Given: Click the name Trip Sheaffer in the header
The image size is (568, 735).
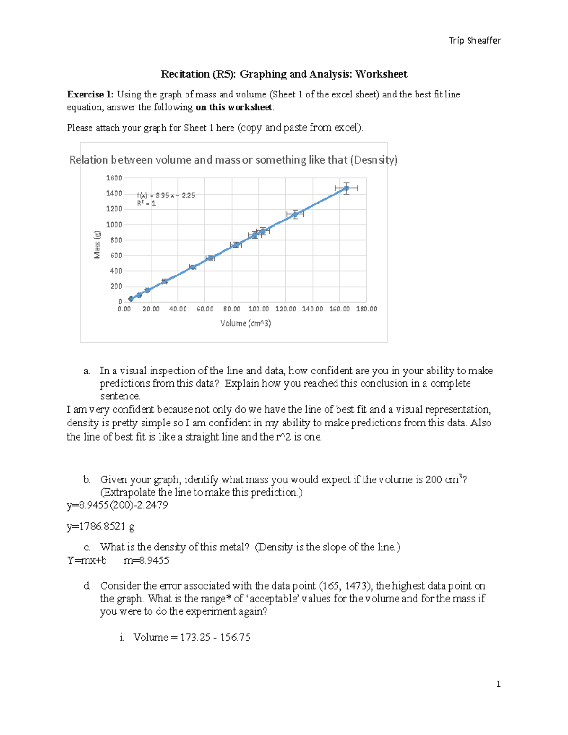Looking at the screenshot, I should tap(474, 41).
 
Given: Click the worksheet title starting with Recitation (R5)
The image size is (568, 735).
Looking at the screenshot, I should tap(284, 74).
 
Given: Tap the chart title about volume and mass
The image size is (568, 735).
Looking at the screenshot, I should tap(233, 160).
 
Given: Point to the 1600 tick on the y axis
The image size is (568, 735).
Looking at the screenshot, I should tap(114, 178).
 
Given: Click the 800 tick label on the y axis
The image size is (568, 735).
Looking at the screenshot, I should tap(116, 240).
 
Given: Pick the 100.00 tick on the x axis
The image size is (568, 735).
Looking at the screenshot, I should tap(258, 309).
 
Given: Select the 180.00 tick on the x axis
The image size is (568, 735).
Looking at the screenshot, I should tap(366, 309).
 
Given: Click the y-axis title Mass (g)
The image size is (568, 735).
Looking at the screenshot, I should tap(97, 245).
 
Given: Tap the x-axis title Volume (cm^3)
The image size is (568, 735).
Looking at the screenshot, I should tap(245, 323).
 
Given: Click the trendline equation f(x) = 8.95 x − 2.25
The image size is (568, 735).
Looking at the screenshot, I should tap(166, 195).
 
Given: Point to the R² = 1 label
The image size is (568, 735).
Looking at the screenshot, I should tap(146, 204).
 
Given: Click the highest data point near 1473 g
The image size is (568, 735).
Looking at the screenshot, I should tap(346, 188).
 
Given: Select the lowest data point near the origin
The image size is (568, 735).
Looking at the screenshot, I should tap(131, 299).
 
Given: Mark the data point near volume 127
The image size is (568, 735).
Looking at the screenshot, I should tap(295, 214).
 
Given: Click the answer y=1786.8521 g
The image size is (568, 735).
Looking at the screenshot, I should tap(100, 526).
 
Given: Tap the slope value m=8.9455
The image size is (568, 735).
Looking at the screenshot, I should tap(146, 561).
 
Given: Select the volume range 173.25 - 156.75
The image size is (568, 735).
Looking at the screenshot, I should tap(215, 638).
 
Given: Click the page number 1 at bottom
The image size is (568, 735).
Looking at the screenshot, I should tap(498, 684).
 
